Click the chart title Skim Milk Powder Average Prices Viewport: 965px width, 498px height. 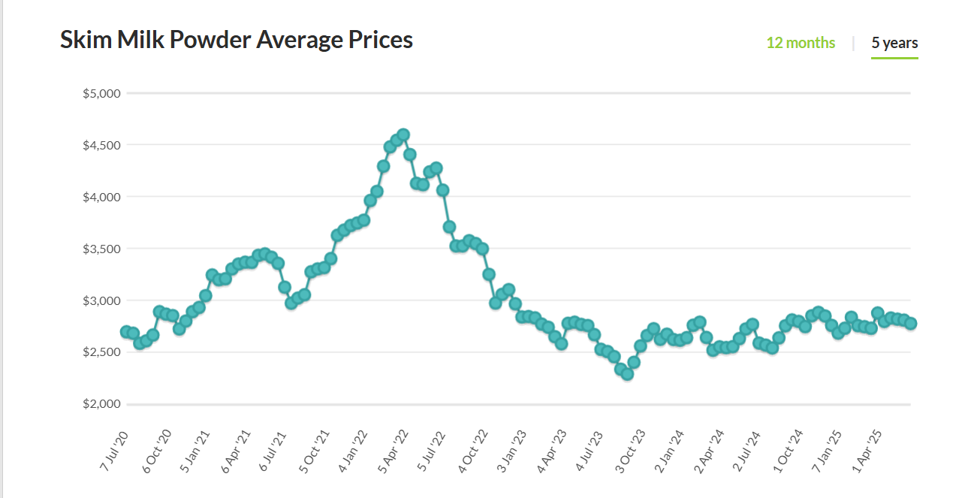(237, 40)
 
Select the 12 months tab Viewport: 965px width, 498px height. (801, 43)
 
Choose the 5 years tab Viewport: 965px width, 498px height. (894, 43)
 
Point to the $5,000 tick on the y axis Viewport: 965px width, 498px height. (101, 94)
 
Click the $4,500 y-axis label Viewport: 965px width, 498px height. (101, 145)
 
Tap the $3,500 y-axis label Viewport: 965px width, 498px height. (101, 249)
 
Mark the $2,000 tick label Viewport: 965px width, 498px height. (101, 404)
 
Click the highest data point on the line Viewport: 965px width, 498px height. (403, 135)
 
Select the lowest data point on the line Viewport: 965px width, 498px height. (627, 373)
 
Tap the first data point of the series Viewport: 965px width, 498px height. (126, 331)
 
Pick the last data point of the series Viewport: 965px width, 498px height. (911, 323)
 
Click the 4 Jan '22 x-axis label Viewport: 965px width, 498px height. (353, 451)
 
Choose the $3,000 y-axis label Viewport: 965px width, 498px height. (101, 300)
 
